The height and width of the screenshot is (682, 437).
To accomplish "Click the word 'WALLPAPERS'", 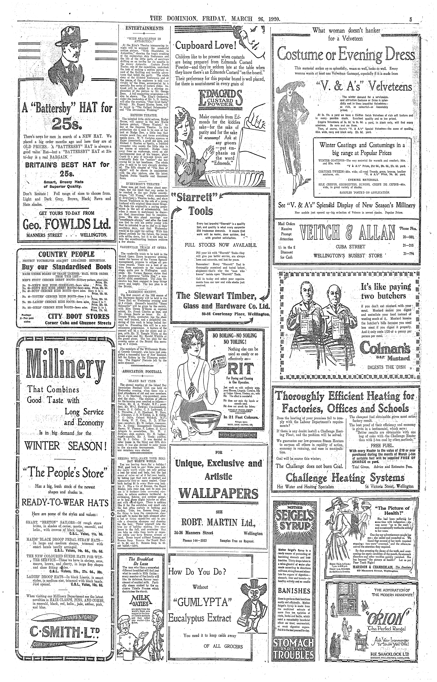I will (x=219, y=494).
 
